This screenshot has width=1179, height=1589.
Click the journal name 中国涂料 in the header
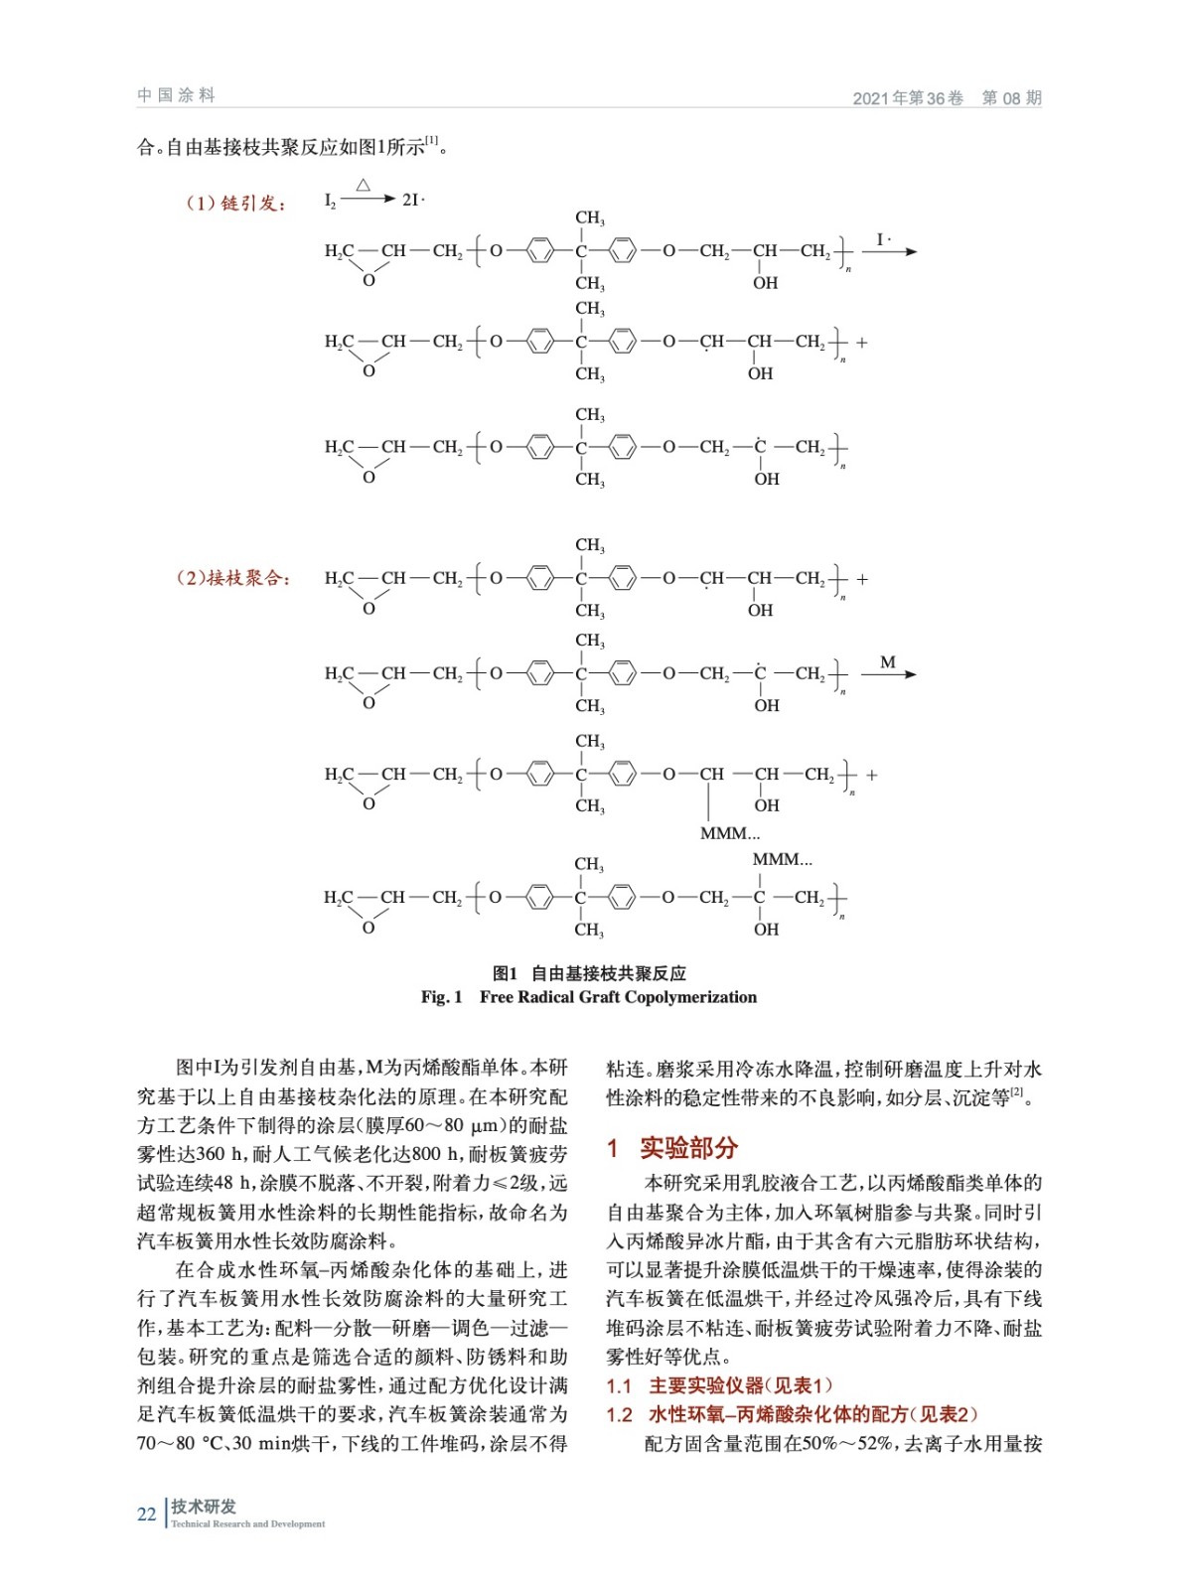coord(176,95)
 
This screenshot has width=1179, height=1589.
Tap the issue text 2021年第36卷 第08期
coord(947,97)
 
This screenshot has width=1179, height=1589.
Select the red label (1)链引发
coord(234,204)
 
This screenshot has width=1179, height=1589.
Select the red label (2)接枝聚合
coord(233,578)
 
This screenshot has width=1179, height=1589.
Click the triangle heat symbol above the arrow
coord(364,185)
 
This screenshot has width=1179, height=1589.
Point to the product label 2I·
coord(413,200)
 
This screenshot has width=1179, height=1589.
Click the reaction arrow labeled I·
coord(889,251)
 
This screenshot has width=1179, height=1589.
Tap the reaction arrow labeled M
coord(888,674)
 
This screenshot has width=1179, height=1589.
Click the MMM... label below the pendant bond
coord(730,833)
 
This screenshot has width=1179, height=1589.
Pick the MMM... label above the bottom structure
coord(782,859)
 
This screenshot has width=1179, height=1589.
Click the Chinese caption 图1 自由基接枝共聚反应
coord(589,973)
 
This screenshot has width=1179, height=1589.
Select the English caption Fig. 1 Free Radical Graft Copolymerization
coord(589,997)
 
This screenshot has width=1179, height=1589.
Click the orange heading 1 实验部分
coord(672,1148)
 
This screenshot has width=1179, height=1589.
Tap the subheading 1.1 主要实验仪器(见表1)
coord(719,1385)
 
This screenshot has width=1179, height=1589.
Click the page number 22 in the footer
coord(146,1515)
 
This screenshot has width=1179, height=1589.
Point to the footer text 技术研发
coord(204,1507)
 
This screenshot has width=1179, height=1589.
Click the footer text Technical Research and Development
coord(247,1524)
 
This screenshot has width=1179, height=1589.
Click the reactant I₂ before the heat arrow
coord(330,201)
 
